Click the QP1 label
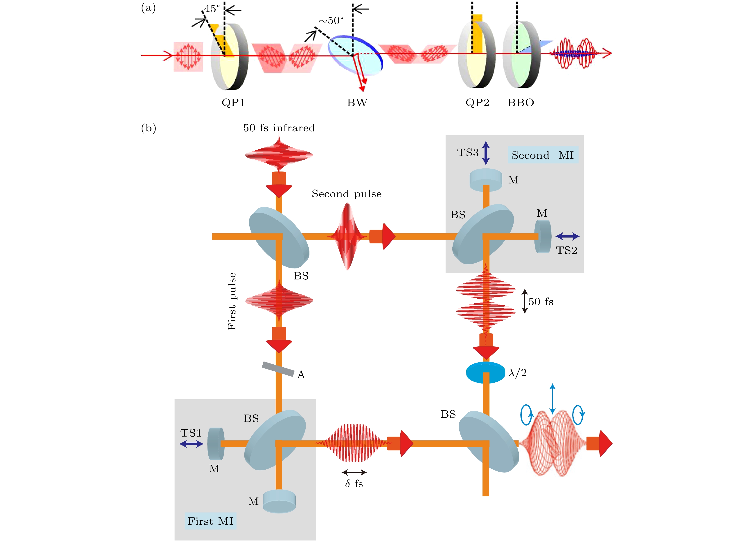[x=233, y=103]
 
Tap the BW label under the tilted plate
[x=357, y=103]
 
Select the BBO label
[x=521, y=103]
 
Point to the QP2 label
[x=477, y=103]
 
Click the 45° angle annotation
[x=212, y=9]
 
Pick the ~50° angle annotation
[x=331, y=20]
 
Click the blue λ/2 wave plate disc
[x=485, y=372]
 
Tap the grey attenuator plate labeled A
[x=278, y=369]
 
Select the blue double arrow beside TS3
[x=486, y=153]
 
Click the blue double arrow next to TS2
[x=567, y=236]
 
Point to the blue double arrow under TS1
[x=191, y=444]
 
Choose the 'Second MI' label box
[x=543, y=155]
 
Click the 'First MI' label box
[x=210, y=521]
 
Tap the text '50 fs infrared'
[x=279, y=128]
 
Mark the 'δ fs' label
[x=354, y=484]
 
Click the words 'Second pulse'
[x=346, y=194]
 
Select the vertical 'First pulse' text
[x=232, y=301]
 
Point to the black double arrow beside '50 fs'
[x=525, y=301]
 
